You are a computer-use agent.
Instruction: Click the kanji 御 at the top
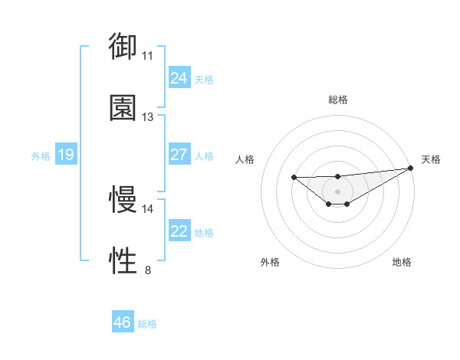click(x=123, y=46)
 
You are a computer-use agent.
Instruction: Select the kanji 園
click(x=123, y=108)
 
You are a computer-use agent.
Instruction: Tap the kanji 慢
click(x=123, y=200)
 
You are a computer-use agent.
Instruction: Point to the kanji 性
click(x=123, y=261)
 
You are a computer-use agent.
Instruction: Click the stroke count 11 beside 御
click(x=148, y=55)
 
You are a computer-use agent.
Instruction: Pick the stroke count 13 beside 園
click(x=148, y=117)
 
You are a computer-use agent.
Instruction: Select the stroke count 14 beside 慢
click(x=148, y=209)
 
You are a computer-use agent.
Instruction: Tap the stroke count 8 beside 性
click(x=148, y=270)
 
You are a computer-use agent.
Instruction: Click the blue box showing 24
click(x=179, y=78)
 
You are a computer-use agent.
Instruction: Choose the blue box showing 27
click(x=179, y=155)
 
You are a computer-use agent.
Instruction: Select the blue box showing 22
click(x=179, y=231)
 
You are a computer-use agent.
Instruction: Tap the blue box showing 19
click(x=65, y=155)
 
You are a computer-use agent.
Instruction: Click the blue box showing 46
click(x=122, y=322)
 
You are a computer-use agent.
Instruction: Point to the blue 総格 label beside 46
click(x=147, y=324)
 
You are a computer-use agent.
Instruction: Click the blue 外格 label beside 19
click(x=41, y=155)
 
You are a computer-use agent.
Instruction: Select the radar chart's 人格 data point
click(x=294, y=178)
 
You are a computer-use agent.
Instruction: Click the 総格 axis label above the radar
click(x=338, y=100)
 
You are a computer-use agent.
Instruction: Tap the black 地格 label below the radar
click(x=402, y=262)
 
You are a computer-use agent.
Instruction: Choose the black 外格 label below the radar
click(x=270, y=262)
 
